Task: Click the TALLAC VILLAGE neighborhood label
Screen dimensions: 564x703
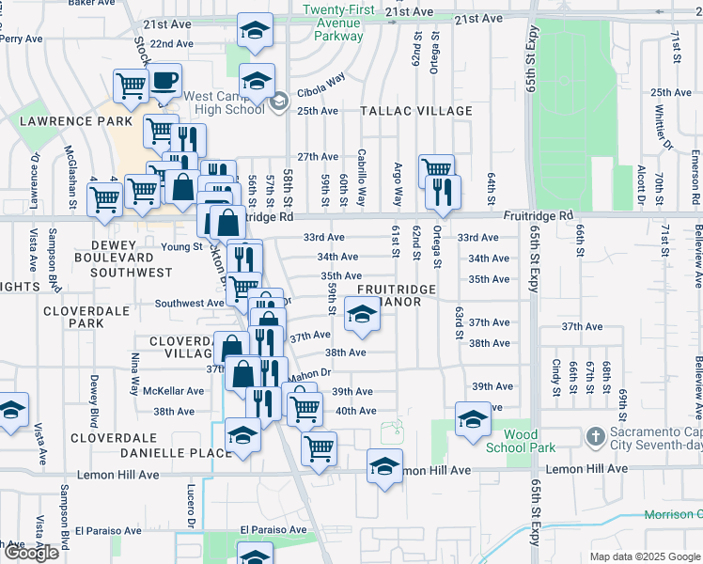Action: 416,111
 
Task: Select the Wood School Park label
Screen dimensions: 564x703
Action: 531,441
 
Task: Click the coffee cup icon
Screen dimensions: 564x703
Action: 164,82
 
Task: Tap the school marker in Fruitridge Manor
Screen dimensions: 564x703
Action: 361,315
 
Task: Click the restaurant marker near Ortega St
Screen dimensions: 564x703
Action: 442,192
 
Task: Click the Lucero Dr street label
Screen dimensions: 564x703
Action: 190,509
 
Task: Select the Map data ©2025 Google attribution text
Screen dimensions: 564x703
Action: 645,556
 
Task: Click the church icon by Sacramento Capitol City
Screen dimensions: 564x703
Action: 593,437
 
